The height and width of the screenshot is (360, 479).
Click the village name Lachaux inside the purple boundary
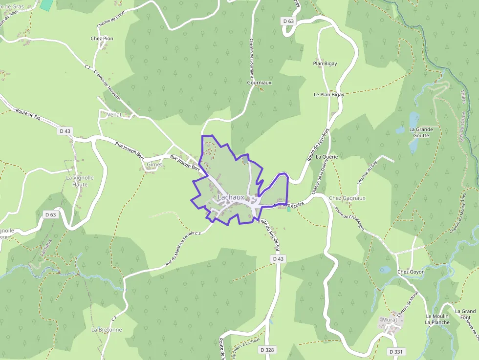[231, 197]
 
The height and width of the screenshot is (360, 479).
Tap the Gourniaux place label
[259, 83]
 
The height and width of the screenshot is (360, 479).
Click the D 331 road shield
[396, 352]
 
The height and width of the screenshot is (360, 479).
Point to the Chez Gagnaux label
[348, 198]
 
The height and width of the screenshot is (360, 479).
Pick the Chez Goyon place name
[411, 272]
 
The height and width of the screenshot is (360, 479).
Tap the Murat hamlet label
[389, 319]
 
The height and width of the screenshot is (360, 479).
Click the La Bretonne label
[107, 330]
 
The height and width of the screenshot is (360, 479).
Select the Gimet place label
[154, 165]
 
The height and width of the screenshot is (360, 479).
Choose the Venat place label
[114, 114]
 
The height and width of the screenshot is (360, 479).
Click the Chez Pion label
[102, 38]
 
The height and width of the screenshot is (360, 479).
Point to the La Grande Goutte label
[421, 132]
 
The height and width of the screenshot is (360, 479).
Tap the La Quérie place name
[327, 157]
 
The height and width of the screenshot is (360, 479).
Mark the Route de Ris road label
[27, 114]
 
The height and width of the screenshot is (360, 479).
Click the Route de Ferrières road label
[318, 145]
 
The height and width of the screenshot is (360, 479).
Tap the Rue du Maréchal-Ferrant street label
[181, 249]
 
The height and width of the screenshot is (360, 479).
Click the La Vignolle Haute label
[80, 181]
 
